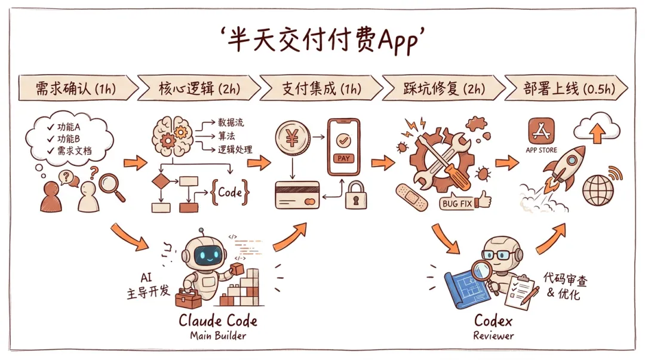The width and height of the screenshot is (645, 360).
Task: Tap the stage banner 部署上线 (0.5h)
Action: (566, 88)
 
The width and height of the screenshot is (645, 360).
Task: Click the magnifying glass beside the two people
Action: (111, 187)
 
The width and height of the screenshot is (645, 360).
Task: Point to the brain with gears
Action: (172, 136)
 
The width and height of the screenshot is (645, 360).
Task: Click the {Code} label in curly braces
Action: (229, 192)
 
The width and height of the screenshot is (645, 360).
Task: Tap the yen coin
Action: (293, 137)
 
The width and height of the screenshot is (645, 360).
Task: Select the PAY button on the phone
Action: (343, 158)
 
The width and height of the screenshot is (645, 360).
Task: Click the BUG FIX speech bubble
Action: (457, 203)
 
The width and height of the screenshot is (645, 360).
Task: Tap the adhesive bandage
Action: (411, 198)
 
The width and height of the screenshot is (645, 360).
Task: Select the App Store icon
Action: (541, 131)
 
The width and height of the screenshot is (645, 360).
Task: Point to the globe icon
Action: (598, 190)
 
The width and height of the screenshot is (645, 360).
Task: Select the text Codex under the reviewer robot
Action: (493, 321)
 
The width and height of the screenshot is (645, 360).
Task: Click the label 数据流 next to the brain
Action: (231, 122)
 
